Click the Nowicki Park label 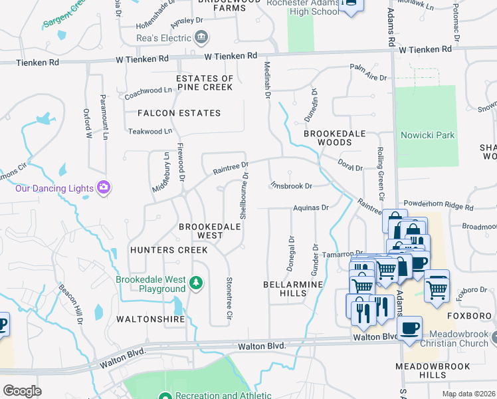coord(428,136)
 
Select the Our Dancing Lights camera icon coord(103,188)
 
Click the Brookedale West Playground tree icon coord(196,284)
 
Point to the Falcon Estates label coord(179,113)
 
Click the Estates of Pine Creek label coord(205,83)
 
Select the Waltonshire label coord(150,319)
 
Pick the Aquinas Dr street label coord(312,207)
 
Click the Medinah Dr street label coord(267,80)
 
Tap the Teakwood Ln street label coord(150,132)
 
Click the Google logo coord(22,390)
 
